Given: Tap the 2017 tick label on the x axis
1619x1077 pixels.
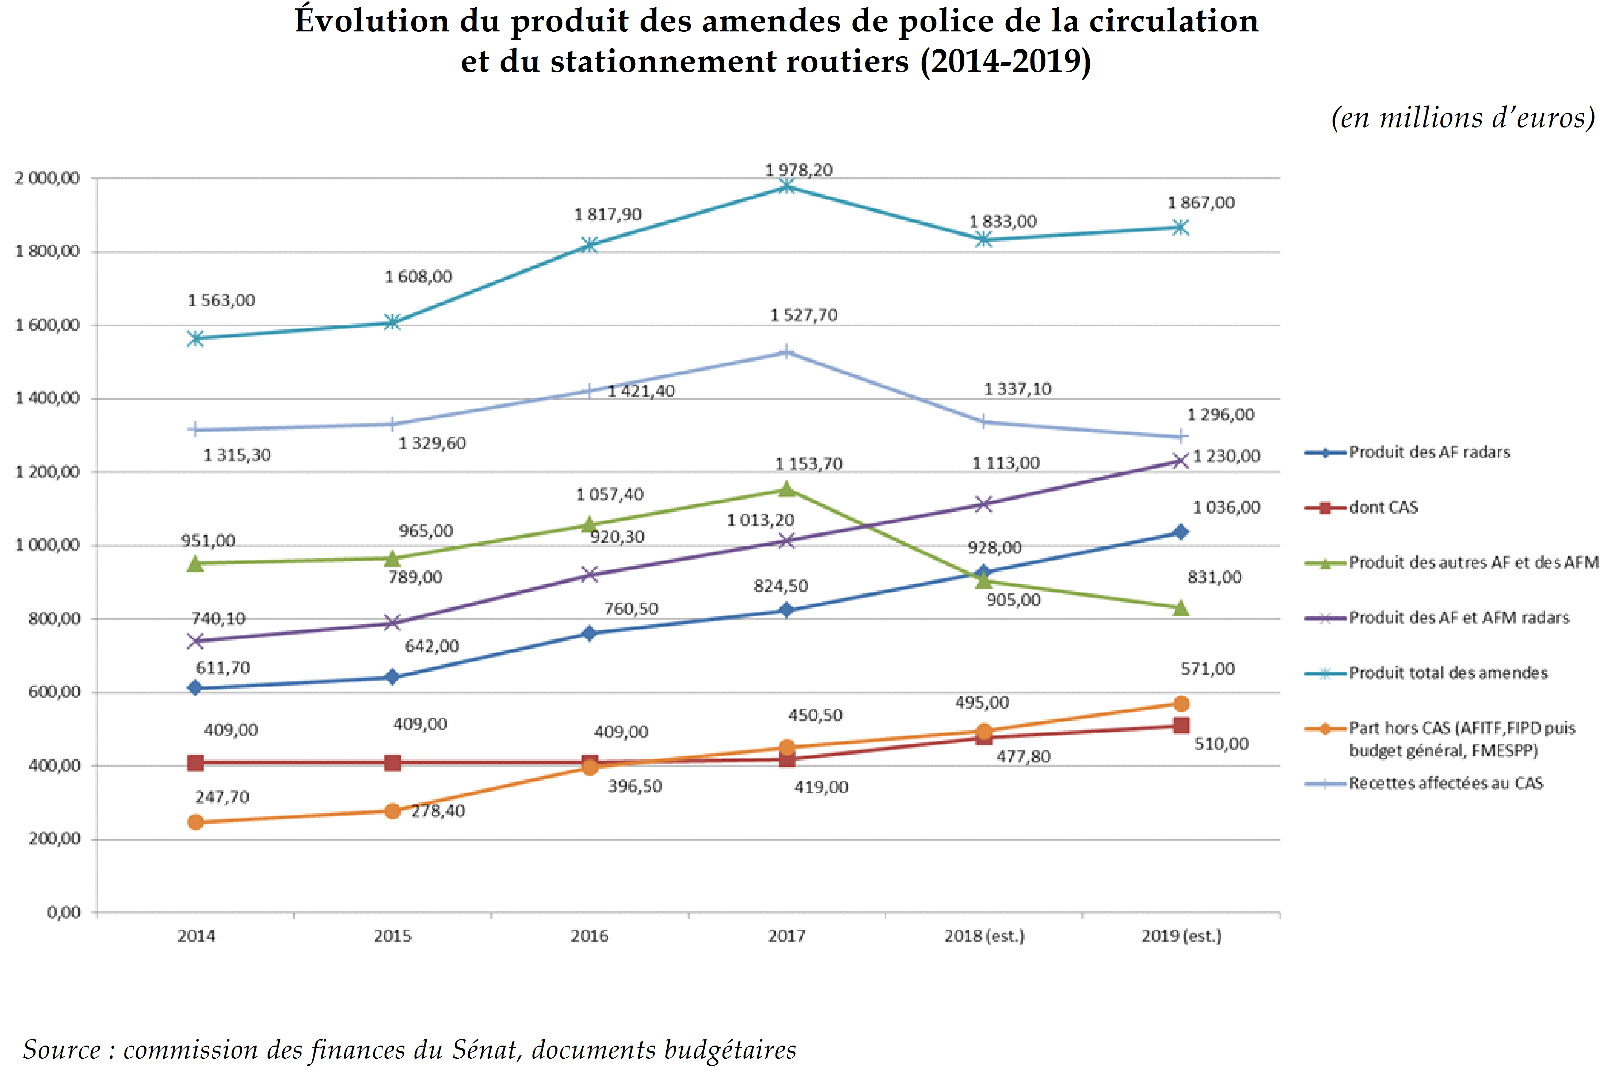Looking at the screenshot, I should (x=786, y=936).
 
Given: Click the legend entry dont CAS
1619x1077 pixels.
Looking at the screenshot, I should (x=1383, y=507).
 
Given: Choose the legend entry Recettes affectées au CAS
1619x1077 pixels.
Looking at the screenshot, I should (x=1445, y=783).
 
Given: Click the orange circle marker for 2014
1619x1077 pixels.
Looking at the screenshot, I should (x=196, y=822).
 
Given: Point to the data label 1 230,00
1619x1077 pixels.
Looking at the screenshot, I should (x=1226, y=456).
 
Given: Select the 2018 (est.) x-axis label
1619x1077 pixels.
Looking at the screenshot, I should (x=984, y=936).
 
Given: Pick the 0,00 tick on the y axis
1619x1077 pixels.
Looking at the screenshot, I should (x=63, y=912).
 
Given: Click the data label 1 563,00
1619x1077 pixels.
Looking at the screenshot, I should (x=221, y=300).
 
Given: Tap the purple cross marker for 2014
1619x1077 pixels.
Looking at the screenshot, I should (x=196, y=641).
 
